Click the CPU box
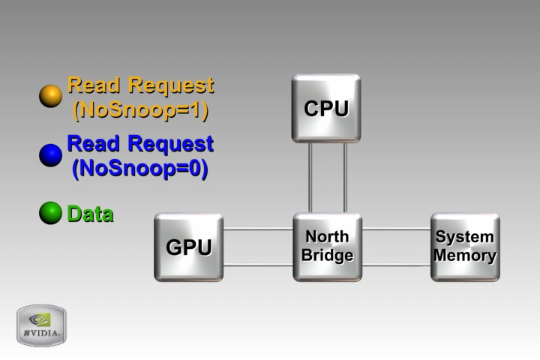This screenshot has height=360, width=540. point(326,108)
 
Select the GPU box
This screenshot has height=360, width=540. point(188,247)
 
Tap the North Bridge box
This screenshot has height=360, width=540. point(327,247)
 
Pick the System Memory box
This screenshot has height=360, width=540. point(465,247)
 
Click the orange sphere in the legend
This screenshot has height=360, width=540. point(50,96)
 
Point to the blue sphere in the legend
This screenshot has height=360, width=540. point(50,155)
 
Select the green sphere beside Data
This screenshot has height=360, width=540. point(50,214)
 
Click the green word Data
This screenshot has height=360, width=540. point(90,214)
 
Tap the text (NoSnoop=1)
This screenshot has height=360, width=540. point(140,110)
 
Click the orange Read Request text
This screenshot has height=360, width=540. point(140,85)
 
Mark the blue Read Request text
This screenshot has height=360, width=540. point(140,143)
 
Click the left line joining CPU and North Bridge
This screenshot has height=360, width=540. point(310,177)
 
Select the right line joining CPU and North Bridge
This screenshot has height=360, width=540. point(345,177)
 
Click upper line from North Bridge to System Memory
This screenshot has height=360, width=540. point(396,229)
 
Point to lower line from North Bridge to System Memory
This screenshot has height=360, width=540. point(396,265)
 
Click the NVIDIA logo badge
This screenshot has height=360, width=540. point(41,325)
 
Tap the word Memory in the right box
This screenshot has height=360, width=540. point(465,256)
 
